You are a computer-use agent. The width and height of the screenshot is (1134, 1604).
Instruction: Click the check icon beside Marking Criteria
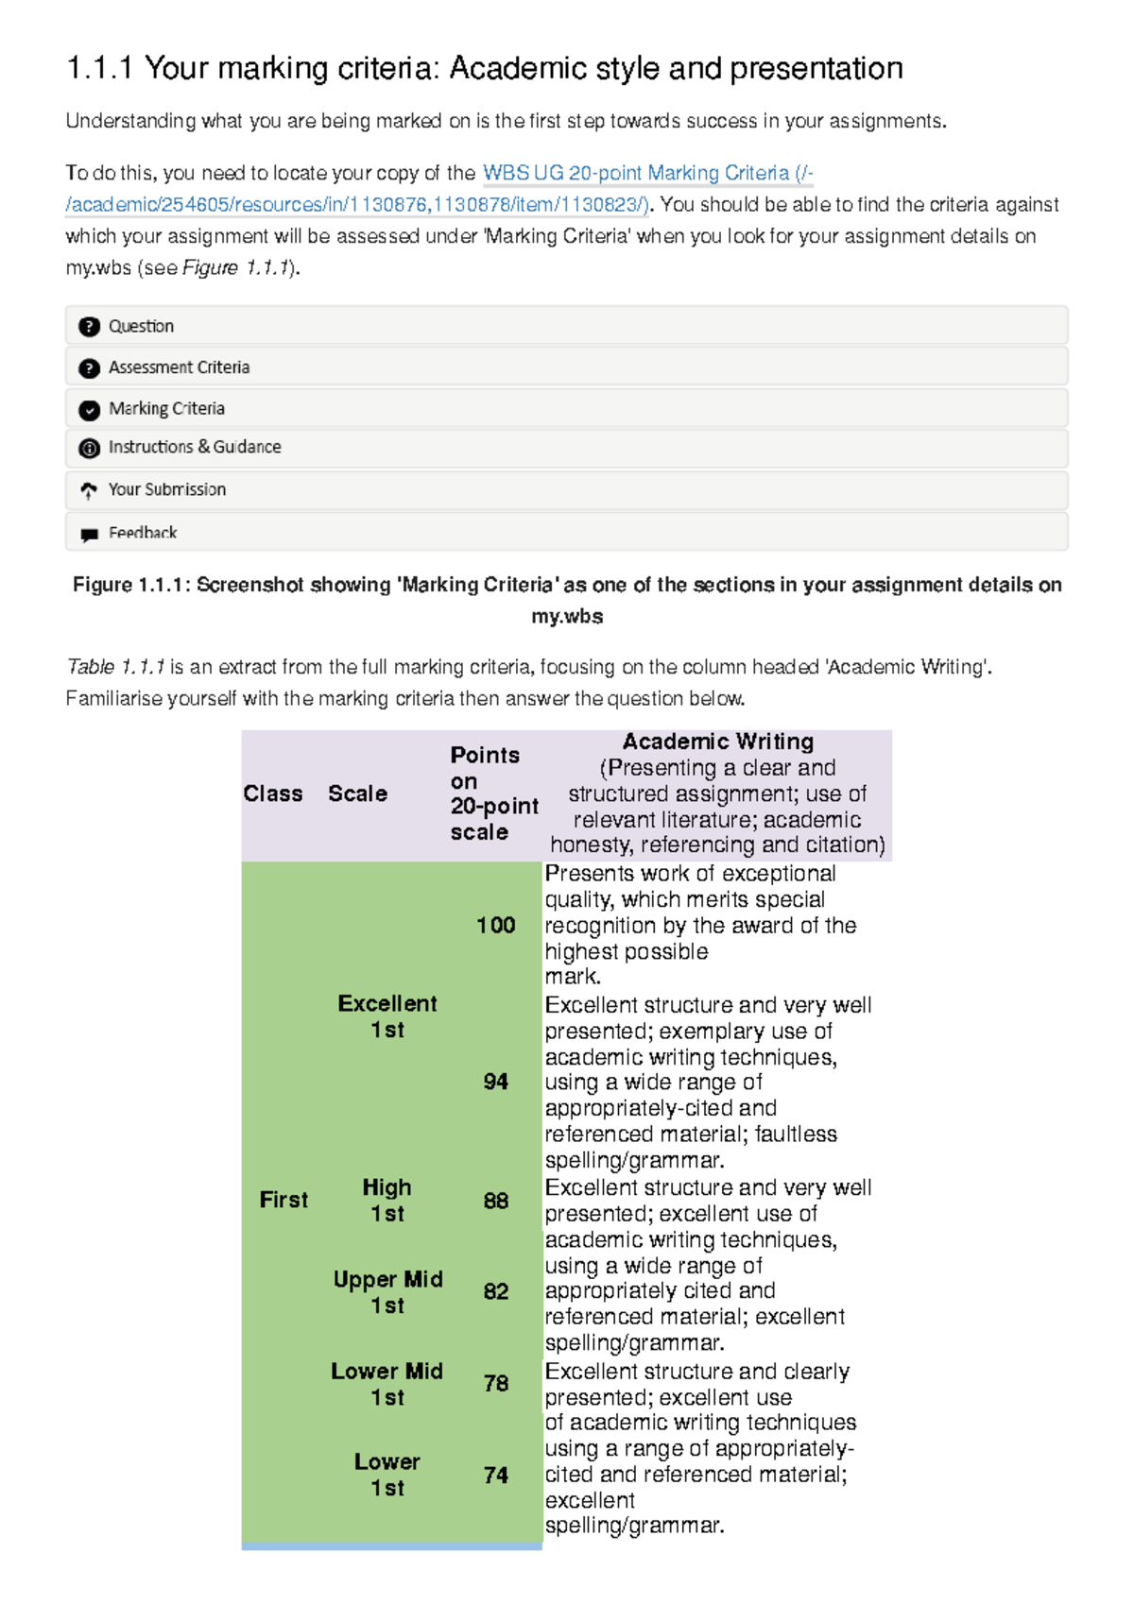90,410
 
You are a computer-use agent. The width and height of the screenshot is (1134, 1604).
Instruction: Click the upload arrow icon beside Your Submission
89,490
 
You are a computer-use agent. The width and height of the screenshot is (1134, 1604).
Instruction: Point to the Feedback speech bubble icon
90,535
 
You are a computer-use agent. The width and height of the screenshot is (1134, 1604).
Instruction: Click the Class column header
273,793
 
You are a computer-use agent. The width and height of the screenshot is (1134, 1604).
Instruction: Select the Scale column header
357,793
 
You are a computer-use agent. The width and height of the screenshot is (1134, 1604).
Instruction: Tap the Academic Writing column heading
718,742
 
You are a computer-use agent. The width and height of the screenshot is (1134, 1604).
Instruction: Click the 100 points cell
496,925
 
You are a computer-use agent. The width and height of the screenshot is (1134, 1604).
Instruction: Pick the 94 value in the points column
496,1082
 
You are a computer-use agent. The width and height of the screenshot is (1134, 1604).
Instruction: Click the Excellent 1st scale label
387,1016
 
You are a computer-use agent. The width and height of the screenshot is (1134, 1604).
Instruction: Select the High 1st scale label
387,1200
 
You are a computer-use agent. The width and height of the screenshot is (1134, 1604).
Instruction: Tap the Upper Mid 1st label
387,1291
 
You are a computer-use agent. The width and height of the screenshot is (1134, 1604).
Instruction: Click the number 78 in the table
496,1383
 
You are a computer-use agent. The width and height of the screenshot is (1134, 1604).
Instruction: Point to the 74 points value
496,1475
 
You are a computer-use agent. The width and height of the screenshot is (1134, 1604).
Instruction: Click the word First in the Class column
283,1200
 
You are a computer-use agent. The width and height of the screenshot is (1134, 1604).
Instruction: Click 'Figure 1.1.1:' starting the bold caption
131,586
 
